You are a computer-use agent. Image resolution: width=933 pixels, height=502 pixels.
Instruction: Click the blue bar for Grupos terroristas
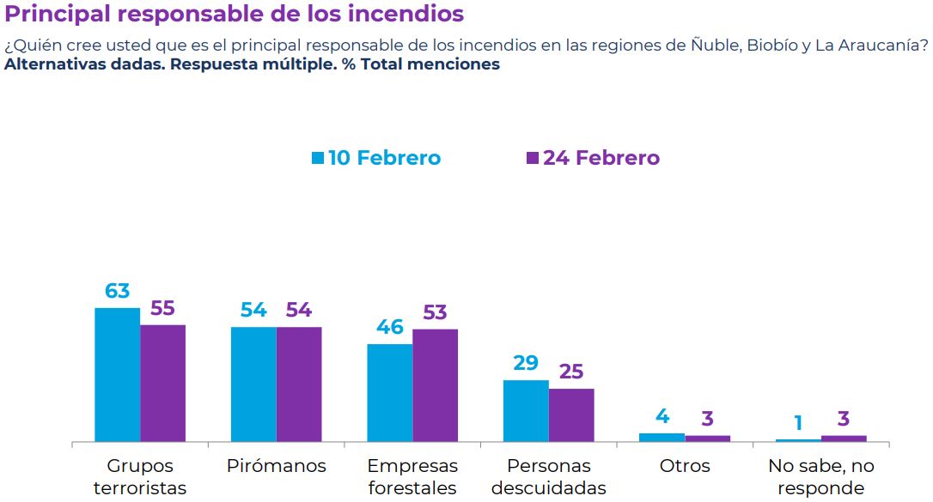point(117,375)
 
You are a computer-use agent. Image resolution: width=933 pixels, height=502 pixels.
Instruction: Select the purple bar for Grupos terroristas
point(162,384)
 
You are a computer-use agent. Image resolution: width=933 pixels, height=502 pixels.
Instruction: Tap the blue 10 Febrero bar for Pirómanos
point(253,384)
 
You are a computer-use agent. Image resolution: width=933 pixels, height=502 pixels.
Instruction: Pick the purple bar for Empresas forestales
point(435,385)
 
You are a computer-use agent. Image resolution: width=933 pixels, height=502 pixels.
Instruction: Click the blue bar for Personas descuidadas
point(526,411)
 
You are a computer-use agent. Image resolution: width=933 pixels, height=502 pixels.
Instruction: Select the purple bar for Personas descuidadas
point(571,415)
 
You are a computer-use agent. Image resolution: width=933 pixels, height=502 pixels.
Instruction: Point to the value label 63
point(117,291)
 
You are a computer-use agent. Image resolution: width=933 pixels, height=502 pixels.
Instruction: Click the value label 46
point(390,328)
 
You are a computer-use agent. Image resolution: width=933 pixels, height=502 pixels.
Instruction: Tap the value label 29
point(526,364)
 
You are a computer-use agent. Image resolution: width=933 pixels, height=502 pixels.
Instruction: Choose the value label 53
point(435,312)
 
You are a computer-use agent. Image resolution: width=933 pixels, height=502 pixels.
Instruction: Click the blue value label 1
point(798,423)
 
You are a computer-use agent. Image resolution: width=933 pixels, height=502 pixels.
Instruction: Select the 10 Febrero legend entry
point(375,158)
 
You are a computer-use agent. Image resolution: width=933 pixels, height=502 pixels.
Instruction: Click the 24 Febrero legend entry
point(593,158)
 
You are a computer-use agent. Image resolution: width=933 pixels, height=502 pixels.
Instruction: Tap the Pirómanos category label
point(277,466)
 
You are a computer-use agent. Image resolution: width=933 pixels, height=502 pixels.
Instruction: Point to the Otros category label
point(685,466)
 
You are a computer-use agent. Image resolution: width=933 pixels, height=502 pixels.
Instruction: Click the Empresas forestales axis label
point(412,477)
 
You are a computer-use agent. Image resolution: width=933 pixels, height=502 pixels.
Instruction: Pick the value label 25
point(571,372)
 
